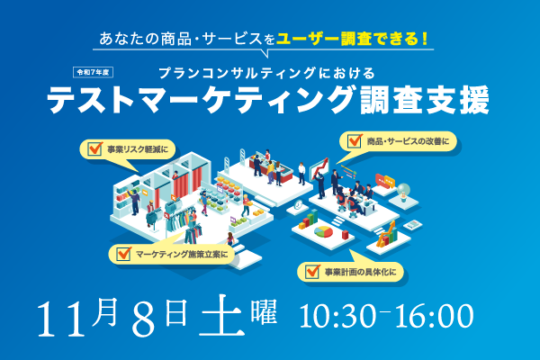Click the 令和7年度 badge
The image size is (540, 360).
click(x=93, y=72)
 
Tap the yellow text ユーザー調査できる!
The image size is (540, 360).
click(x=352, y=39)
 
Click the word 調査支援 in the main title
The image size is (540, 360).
click(x=425, y=99)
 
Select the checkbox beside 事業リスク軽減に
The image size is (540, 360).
click(x=94, y=148)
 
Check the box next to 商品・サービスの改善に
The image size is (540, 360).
click(x=355, y=141)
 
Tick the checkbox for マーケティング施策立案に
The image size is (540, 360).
click(x=123, y=254)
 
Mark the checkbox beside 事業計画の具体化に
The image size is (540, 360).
click(x=312, y=272)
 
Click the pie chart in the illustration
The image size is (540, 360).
click(x=323, y=231)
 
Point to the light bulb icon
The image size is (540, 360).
click(x=403, y=191)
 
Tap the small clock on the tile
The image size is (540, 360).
click(x=298, y=204)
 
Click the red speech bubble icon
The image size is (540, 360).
click(x=380, y=179)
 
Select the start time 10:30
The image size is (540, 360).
click(x=337, y=316)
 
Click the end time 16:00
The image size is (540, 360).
click(x=435, y=316)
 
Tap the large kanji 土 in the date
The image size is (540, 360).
click(x=221, y=316)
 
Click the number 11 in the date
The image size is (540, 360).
click(x=61, y=319)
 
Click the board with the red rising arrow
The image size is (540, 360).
click(x=319, y=169)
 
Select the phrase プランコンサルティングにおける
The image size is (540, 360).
click(x=267, y=73)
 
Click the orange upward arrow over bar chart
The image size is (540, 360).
click(x=387, y=232)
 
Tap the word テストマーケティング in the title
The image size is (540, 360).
click(x=201, y=99)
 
